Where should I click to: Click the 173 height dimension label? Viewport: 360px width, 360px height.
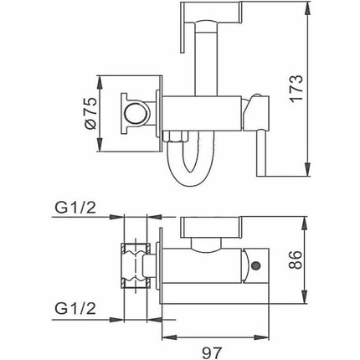point(296,89)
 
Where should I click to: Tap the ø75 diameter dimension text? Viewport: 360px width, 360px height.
point(92,113)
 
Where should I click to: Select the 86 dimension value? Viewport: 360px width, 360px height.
point(296,260)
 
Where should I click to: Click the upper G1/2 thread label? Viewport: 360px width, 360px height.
point(75,208)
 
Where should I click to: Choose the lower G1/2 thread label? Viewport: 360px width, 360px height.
point(75,308)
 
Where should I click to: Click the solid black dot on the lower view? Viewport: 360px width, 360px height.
point(255,265)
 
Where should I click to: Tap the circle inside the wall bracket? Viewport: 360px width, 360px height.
point(135,114)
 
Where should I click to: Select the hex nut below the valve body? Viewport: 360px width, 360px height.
point(174,136)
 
